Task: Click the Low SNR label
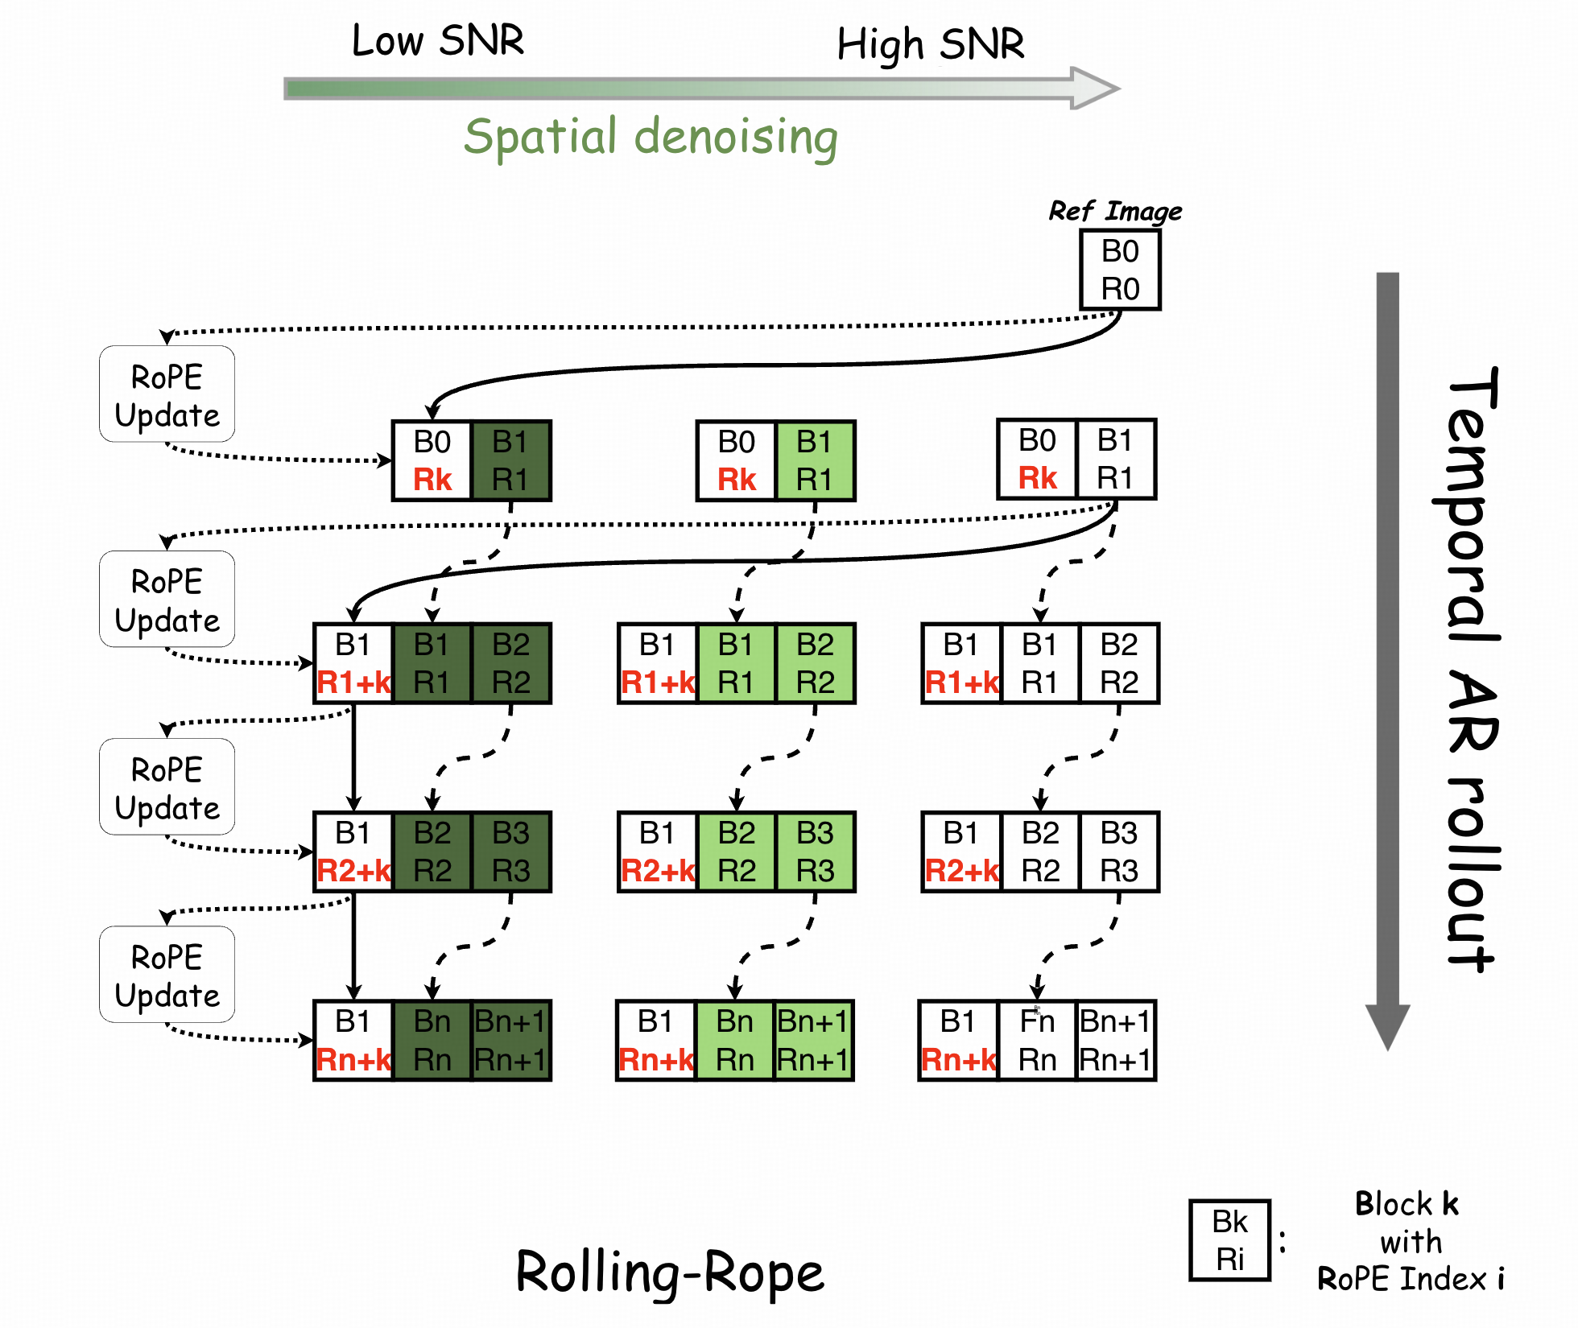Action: pyautogui.click(x=438, y=40)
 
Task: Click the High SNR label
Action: pyautogui.click(x=931, y=44)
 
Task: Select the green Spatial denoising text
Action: pyautogui.click(x=651, y=137)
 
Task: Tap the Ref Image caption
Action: pyautogui.click(x=1115, y=211)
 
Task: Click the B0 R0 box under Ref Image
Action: pyautogui.click(x=1120, y=270)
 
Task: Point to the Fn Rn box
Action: pyautogui.click(x=1037, y=1041)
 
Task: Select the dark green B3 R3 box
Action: pyautogui.click(x=511, y=852)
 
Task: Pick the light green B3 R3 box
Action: pyautogui.click(x=815, y=852)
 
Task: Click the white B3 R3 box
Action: pyautogui.click(x=1119, y=852)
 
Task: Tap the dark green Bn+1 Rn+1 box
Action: pyautogui.click(x=510, y=1041)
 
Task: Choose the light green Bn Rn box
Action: pyautogui.click(x=735, y=1041)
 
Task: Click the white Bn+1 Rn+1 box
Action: pyautogui.click(x=1116, y=1041)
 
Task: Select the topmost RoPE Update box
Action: pyautogui.click(x=167, y=394)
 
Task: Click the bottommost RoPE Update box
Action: pyautogui.click(x=167, y=975)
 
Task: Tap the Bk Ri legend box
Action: pyautogui.click(x=1229, y=1240)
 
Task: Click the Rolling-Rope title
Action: pyautogui.click(x=670, y=1272)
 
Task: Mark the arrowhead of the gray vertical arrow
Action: pyautogui.click(x=1387, y=1026)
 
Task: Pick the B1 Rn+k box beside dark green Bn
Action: pyautogui.click(x=353, y=1041)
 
